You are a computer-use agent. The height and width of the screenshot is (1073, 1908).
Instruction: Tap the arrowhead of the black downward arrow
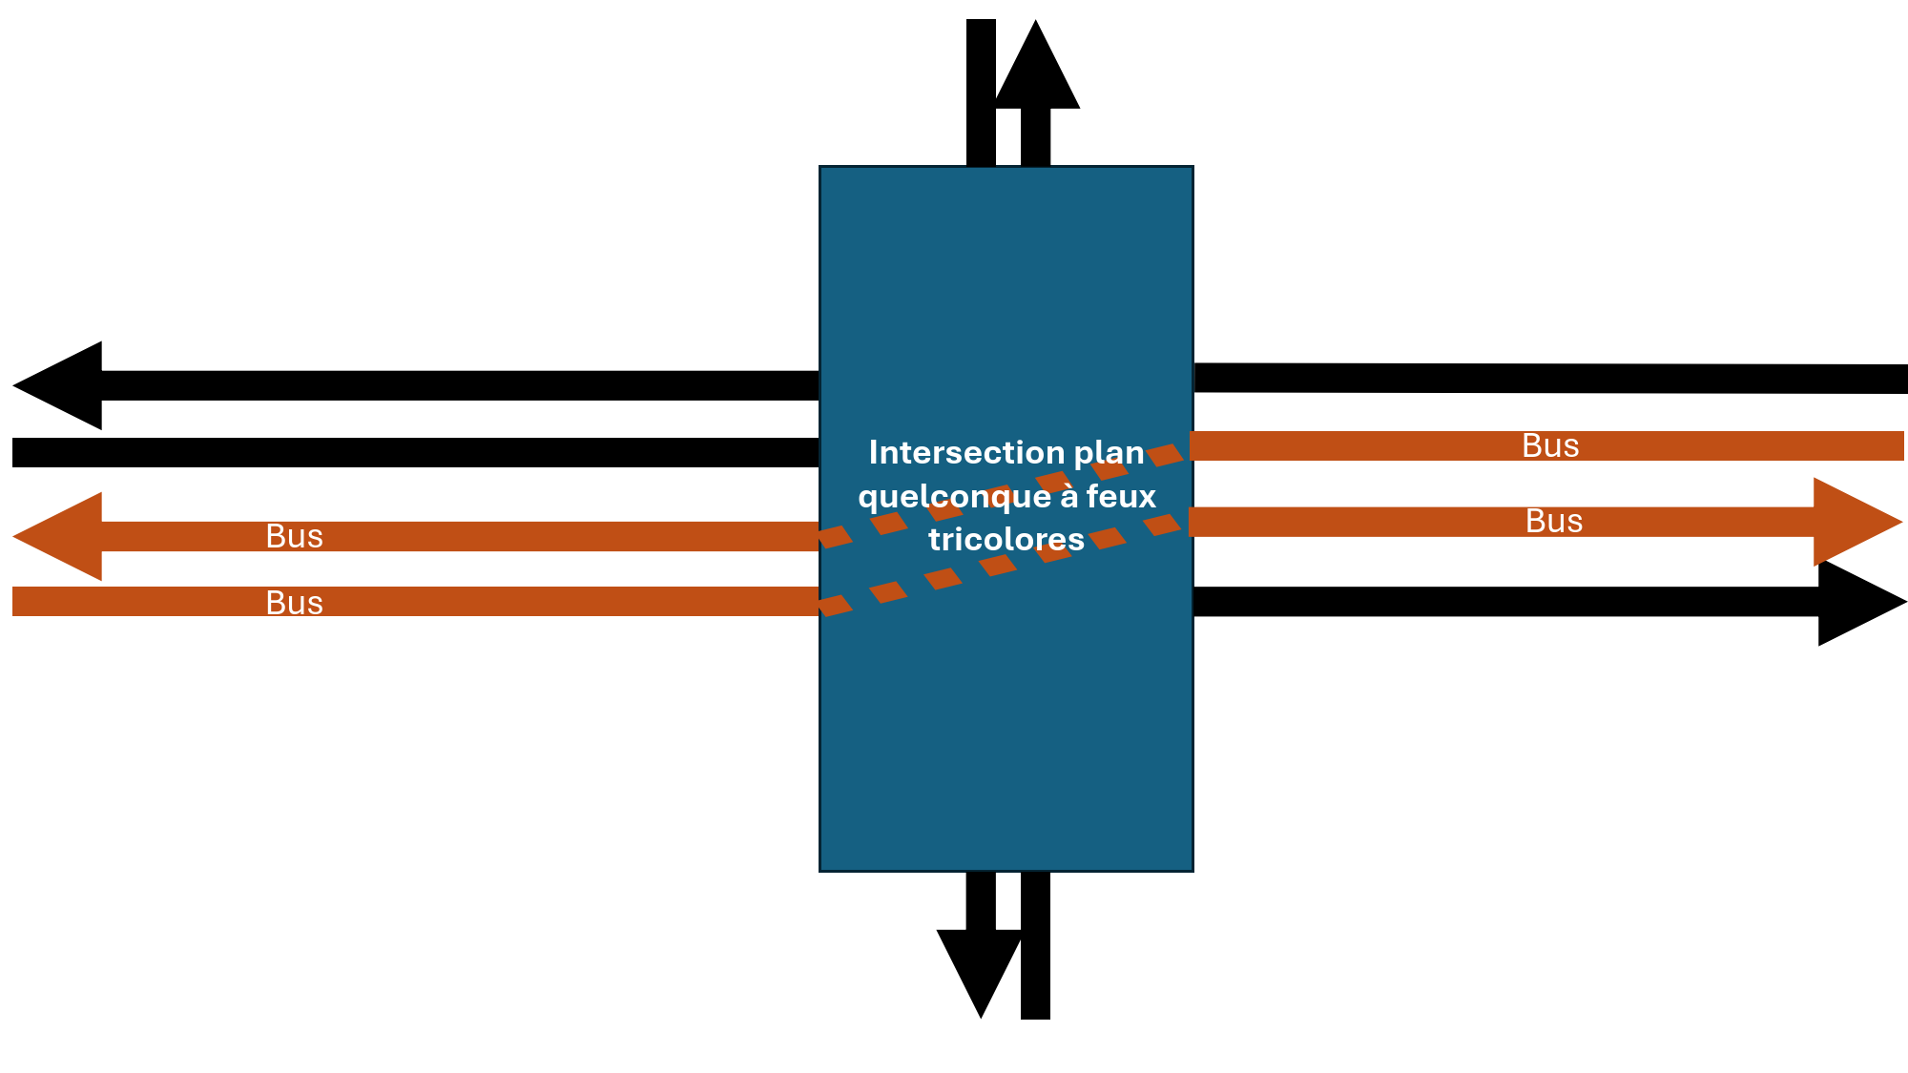click(x=980, y=973)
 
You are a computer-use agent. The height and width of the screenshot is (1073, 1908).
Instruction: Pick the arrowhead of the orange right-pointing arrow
click(x=1856, y=522)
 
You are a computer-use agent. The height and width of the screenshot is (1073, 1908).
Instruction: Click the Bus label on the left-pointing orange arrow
click(x=295, y=536)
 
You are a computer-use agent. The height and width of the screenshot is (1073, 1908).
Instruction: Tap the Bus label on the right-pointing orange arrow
click(x=1554, y=521)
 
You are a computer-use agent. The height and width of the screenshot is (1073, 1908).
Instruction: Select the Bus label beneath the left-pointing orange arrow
click(x=295, y=603)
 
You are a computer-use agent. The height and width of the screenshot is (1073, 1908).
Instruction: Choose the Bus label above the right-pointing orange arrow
click(x=1551, y=445)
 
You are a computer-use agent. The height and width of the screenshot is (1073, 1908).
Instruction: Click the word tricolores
click(x=1006, y=540)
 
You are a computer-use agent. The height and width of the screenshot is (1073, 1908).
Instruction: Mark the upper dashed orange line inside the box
click(x=1002, y=496)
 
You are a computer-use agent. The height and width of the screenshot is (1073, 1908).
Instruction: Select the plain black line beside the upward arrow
click(x=981, y=93)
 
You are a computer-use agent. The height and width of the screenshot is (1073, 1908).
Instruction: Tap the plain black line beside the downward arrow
click(x=1035, y=945)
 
